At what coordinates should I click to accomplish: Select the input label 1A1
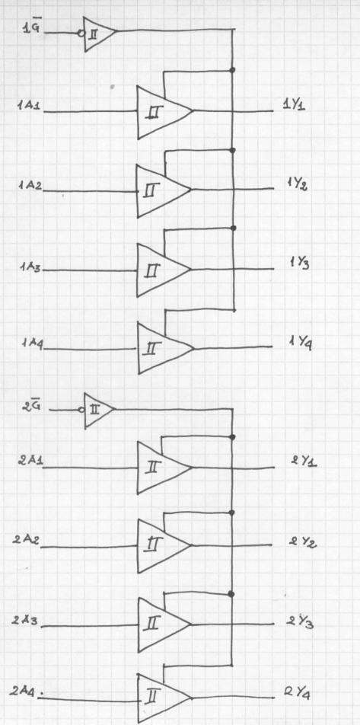coord(29,105)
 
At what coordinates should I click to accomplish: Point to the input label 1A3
coord(30,267)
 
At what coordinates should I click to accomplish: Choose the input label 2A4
coord(25,692)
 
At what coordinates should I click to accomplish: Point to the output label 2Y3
coord(300,622)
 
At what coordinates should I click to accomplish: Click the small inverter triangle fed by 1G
coord(100,34)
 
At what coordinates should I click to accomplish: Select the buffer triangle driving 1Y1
coord(165,112)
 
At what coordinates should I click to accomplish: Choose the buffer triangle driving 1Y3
coord(164,270)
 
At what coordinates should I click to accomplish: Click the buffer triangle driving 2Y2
coord(164,545)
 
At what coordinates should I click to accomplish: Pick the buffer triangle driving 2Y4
coord(164,698)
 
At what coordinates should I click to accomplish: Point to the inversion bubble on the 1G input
coord(81,34)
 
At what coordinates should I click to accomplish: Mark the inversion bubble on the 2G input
coord(81,410)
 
